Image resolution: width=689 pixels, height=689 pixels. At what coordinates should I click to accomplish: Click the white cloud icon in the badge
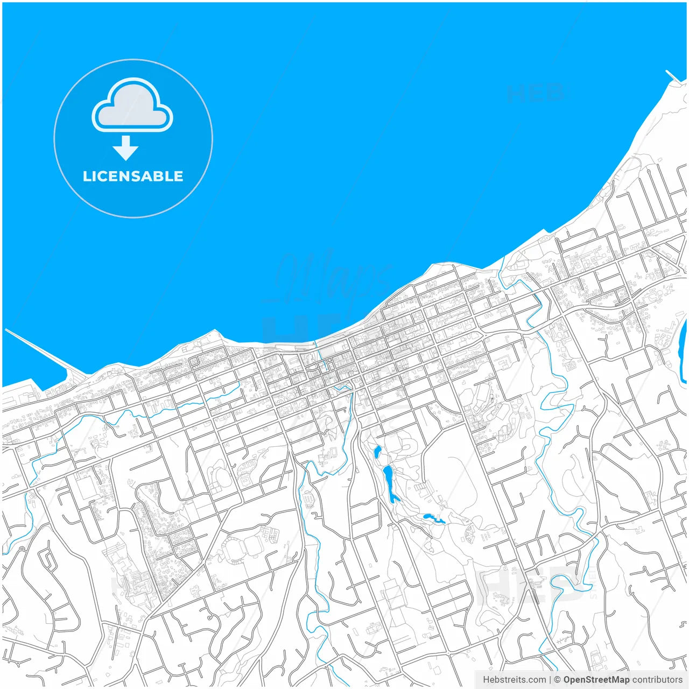click(132, 106)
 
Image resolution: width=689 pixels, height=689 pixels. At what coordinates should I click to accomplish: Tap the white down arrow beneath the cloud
click(125, 148)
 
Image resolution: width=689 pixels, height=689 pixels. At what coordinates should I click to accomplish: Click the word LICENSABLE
click(133, 176)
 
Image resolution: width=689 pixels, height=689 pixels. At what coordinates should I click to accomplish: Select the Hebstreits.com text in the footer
click(514, 680)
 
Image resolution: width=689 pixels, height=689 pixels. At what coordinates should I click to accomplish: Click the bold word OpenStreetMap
click(596, 680)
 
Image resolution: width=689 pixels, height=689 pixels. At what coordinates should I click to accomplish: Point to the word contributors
click(657, 680)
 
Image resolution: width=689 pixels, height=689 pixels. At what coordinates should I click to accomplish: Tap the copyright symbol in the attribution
click(558, 680)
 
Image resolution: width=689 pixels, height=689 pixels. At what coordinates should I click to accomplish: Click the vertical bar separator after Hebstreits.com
click(550, 680)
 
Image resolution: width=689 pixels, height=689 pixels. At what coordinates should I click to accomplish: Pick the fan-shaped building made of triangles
click(470, 533)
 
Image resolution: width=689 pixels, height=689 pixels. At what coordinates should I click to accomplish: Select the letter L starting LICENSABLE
click(87, 176)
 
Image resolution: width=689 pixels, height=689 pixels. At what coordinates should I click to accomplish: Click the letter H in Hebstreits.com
click(486, 680)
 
